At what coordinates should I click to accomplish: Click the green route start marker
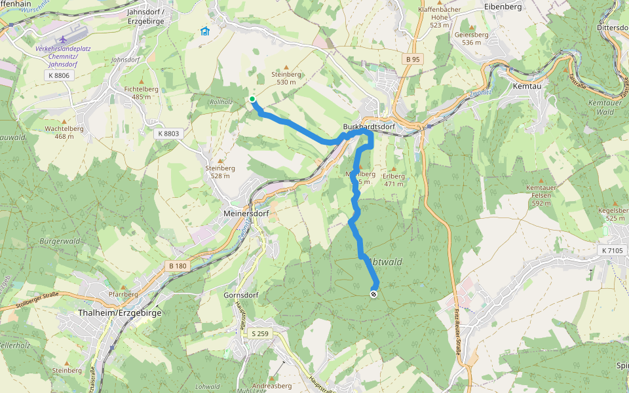coord(252,100)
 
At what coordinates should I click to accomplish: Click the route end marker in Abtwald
coord(373,294)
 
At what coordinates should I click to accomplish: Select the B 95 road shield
coord(412,60)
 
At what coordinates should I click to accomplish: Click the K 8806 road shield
coord(58,75)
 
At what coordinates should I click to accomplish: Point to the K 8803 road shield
coord(168,133)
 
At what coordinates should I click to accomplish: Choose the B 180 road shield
coord(178,265)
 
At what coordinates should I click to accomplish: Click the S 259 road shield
coord(260,333)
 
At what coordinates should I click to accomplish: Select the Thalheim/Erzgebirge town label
coord(119,312)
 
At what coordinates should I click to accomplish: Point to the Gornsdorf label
coord(241,295)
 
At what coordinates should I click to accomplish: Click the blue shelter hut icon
coord(204,30)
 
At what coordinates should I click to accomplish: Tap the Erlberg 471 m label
coord(394,179)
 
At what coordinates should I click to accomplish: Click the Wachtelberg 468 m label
coord(64,132)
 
